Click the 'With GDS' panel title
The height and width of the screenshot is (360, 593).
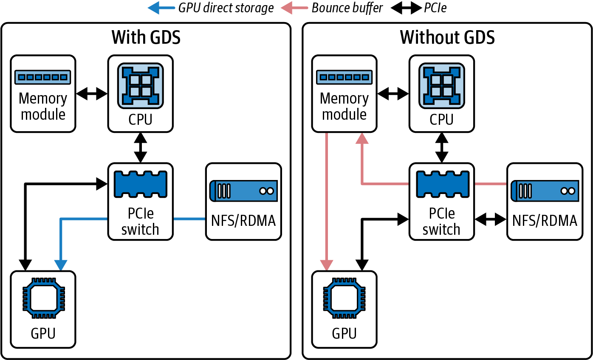[146, 37]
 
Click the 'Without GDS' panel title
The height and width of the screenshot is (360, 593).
[447, 37]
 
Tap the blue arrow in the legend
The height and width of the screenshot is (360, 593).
[161, 8]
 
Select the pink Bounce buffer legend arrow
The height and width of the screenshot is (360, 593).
[294, 8]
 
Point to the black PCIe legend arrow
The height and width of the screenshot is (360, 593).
[407, 8]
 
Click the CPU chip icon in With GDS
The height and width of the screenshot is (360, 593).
[140, 86]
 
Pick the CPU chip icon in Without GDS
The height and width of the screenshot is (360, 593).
[442, 86]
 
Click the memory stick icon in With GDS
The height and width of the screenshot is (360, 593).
[42, 77]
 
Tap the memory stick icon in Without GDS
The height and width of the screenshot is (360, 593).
[344, 77]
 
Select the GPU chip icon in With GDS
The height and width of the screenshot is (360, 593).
[44, 298]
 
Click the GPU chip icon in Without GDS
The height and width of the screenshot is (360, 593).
[345, 298]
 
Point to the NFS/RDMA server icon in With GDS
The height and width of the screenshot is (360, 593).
[243, 191]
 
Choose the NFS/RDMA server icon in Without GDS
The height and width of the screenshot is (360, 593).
[545, 191]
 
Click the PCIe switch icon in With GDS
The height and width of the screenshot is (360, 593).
[141, 184]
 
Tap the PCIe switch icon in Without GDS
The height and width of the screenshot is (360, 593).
[443, 184]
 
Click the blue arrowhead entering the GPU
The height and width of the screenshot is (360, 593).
[61, 265]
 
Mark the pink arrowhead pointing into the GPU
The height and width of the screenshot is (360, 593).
[326, 265]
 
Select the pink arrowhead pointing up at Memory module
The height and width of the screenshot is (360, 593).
[362, 138]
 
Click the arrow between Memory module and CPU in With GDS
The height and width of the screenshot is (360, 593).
[92, 94]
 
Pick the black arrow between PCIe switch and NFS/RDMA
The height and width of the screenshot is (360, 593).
[491, 219]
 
